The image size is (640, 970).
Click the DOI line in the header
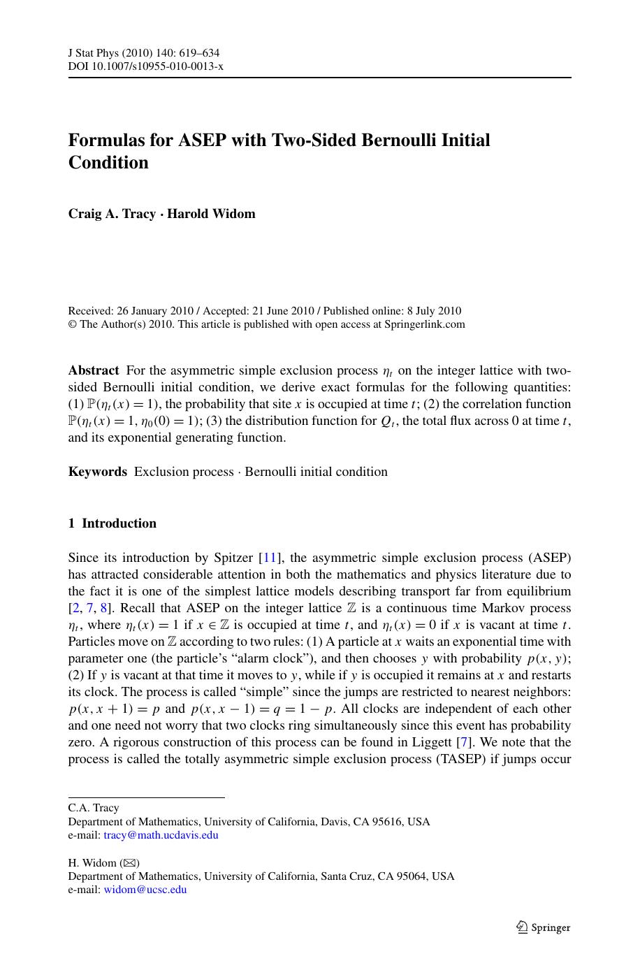(145, 66)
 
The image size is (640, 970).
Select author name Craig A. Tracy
(112, 214)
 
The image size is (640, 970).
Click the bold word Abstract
(94, 370)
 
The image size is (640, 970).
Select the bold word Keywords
(98, 472)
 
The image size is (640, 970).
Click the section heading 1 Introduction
(112, 523)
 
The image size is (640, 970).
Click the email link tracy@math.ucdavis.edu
(161, 835)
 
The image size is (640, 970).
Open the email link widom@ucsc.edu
(145, 890)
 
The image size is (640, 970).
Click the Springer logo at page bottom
(544, 927)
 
